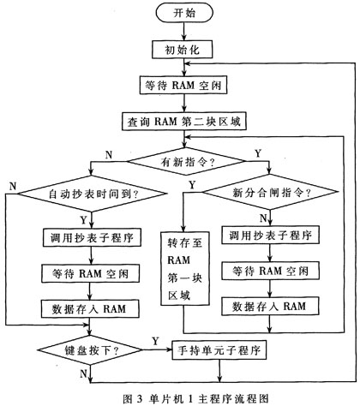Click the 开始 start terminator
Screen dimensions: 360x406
click(184, 13)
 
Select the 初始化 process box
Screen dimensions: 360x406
click(182, 50)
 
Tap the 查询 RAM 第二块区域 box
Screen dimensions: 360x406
click(184, 122)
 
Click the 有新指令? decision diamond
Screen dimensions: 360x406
click(186, 161)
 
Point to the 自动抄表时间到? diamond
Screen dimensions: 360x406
click(92, 194)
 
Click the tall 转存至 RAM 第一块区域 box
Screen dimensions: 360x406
click(185, 268)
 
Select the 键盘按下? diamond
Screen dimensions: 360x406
click(90, 349)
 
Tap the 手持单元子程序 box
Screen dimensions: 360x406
click(219, 349)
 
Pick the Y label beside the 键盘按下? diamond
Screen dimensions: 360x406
click(155, 341)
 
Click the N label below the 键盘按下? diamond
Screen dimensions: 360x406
click(83, 373)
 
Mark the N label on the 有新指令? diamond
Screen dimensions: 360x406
click(109, 155)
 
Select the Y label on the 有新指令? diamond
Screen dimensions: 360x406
click(258, 153)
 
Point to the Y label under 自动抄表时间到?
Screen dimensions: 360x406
click(83, 220)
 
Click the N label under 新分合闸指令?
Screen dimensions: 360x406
click(263, 218)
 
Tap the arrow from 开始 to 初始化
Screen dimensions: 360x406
click(184, 32)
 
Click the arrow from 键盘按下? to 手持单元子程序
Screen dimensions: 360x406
click(157, 349)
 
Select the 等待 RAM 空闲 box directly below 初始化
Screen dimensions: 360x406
click(183, 85)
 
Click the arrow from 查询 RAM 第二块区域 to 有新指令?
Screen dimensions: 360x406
click(185, 139)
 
